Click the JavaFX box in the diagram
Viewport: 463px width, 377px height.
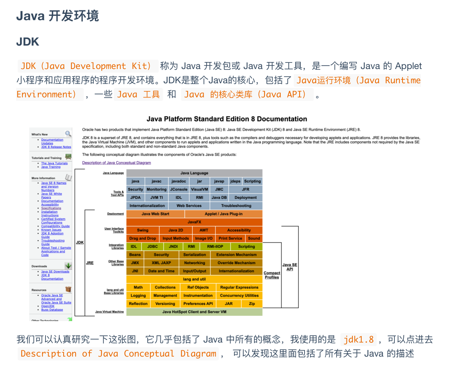click(x=194, y=222)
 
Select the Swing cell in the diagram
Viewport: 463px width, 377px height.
click(x=142, y=230)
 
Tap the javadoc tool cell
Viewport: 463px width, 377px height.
click(x=178, y=181)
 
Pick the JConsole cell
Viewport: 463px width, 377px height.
click(x=178, y=189)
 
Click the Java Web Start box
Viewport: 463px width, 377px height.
click(x=155, y=214)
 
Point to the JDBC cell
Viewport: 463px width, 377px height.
click(x=152, y=246)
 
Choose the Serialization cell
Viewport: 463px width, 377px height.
click(x=195, y=254)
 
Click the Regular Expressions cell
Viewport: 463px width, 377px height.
click(x=239, y=287)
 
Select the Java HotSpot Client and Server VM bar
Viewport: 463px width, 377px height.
click(x=194, y=312)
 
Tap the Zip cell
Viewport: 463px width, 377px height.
click(x=252, y=304)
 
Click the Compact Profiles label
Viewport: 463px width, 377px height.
click(x=272, y=275)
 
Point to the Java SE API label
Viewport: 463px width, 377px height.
click(x=290, y=267)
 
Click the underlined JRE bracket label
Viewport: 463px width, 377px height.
click(x=89, y=263)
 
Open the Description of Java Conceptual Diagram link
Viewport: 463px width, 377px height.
click(x=116, y=163)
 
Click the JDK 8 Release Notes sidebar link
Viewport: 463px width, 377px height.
click(x=56, y=147)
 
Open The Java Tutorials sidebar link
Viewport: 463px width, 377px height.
click(x=54, y=163)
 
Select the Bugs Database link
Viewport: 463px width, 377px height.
click(x=52, y=310)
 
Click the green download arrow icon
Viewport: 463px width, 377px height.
click(x=68, y=266)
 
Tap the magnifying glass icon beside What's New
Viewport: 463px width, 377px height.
click(x=68, y=134)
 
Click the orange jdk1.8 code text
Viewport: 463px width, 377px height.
click(x=359, y=340)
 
